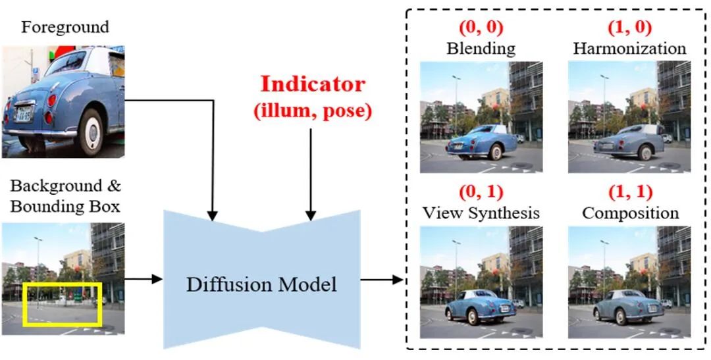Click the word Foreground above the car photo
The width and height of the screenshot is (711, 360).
click(x=65, y=28)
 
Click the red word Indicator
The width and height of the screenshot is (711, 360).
click(x=312, y=84)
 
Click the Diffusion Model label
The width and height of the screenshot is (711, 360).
click(x=261, y=284)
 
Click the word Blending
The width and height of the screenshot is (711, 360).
click(x=481, y=49)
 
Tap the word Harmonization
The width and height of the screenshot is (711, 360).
click(x=629, y=49)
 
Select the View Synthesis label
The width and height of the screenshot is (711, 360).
click(x=481, y=213)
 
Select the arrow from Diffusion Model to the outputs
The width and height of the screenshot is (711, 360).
click(x=382, y=280)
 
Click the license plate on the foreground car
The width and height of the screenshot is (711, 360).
click(x=24, y=113)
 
